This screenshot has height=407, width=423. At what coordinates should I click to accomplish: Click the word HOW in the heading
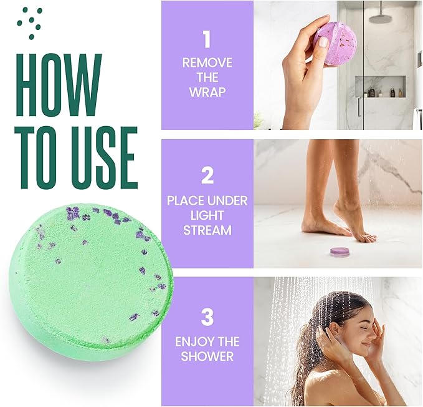point(59,85)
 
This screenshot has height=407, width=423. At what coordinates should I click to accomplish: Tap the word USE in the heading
point(105,157)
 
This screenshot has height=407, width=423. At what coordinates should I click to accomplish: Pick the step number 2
point(207,175)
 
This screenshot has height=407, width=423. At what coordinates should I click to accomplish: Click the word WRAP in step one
point(207,92)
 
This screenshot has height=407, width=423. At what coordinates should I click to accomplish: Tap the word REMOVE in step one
point(207,63)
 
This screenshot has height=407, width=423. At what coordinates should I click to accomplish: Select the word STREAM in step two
point(207,230)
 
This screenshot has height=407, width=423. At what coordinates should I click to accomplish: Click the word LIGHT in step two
point(207,215)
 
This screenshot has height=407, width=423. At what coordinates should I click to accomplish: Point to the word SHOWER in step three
point(207,356)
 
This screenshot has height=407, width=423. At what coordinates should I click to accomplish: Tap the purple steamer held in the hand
point(335,44)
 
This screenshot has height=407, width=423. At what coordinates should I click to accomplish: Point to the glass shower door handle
point(359,107)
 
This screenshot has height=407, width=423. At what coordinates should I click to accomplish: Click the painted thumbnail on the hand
point(323,42)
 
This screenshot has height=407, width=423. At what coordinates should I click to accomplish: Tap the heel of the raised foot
point(339,208)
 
